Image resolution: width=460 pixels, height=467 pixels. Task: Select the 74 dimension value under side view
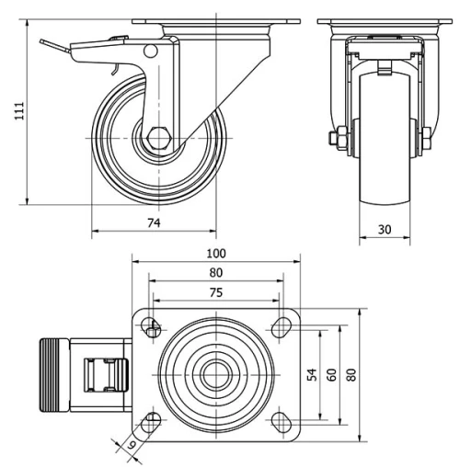[154, 223]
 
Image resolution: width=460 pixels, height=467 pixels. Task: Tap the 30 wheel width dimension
[384, 230]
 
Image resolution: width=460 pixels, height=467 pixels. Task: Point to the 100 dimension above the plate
[215, 252]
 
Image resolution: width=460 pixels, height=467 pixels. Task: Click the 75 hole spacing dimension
[215, 291]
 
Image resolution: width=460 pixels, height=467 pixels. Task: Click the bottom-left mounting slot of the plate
[151, 422]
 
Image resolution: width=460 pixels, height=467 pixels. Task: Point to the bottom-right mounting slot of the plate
[280, 422]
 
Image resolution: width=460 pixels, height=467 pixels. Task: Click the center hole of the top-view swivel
[215, 373]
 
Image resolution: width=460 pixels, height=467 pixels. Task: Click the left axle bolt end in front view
[333, 139]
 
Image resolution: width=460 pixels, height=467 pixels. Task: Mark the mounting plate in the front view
[384, 21]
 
